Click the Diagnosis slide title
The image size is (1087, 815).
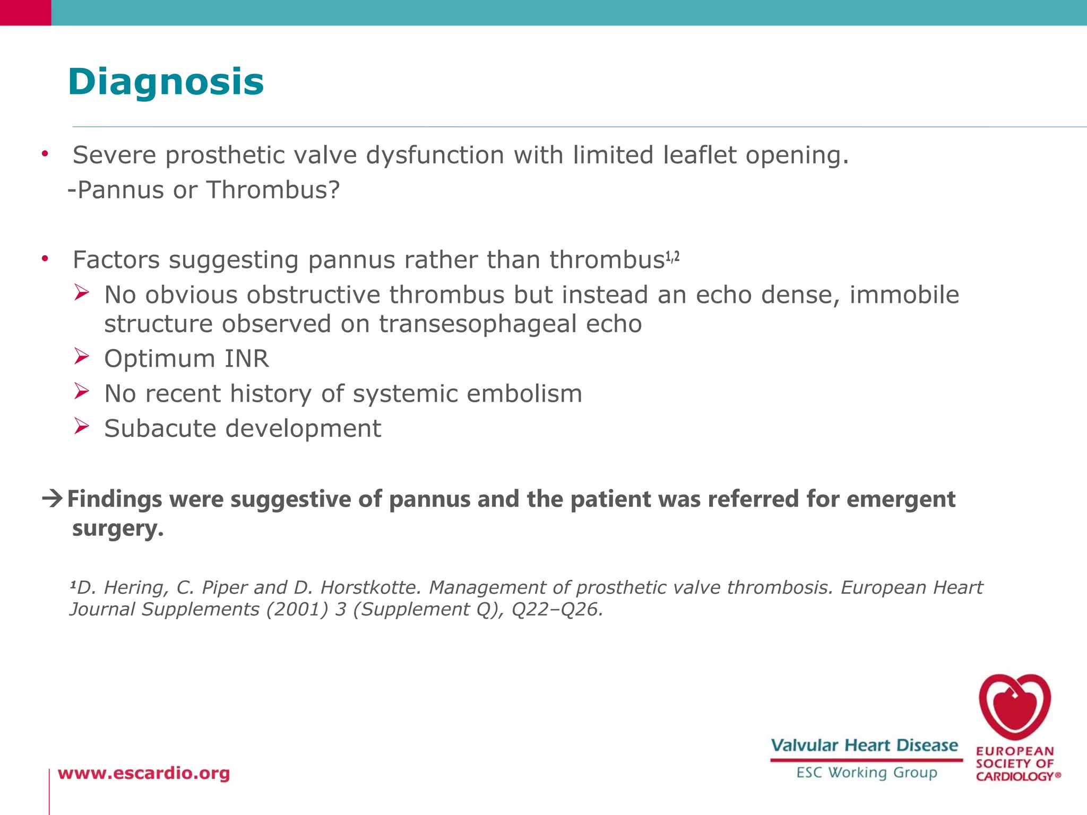tap(166, 82)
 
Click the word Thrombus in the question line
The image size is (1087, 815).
tap(273, 190)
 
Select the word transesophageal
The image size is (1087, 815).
tap(478, 324)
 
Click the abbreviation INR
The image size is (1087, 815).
tap(246, 359)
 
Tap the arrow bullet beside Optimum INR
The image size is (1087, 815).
tap(82, 357)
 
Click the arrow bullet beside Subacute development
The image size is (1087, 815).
tap(82, 426)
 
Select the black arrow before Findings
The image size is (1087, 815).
tap(53, 498)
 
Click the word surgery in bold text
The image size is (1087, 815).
tap(118, 528)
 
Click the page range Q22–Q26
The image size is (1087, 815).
tap(557, 609)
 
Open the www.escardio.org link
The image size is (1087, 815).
tap(144, 773)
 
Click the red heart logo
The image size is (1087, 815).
tap(1015, 707)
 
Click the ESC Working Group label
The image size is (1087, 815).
tap(866, 773)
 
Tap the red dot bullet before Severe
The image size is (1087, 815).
tap(46, 154)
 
